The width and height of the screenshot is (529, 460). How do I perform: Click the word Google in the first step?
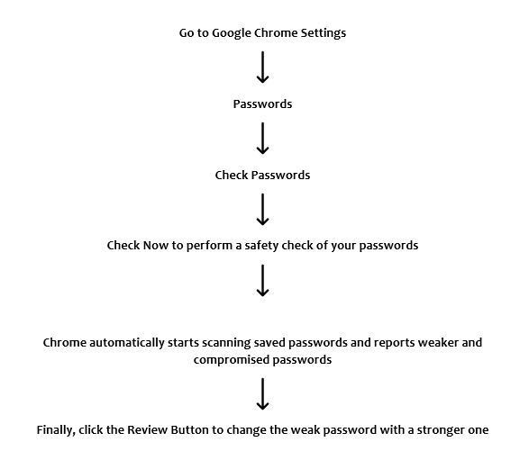point(232,33)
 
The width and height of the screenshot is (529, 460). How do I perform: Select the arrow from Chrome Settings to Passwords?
point(262,68)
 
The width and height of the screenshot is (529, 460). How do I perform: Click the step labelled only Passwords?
point(262,104)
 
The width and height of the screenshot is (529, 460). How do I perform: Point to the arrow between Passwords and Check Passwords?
point(262,139)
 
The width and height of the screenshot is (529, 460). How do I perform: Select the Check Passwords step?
point(262,175)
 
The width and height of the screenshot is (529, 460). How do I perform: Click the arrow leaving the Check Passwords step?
point(262,209)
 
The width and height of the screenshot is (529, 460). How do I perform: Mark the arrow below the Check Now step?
point(262,280)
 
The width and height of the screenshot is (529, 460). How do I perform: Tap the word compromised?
point(232,360)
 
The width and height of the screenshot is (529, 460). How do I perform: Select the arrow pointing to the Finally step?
point(262,393)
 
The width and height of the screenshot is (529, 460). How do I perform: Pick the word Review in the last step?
point(147,430)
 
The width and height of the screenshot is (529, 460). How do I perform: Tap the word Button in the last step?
point(189,430)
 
